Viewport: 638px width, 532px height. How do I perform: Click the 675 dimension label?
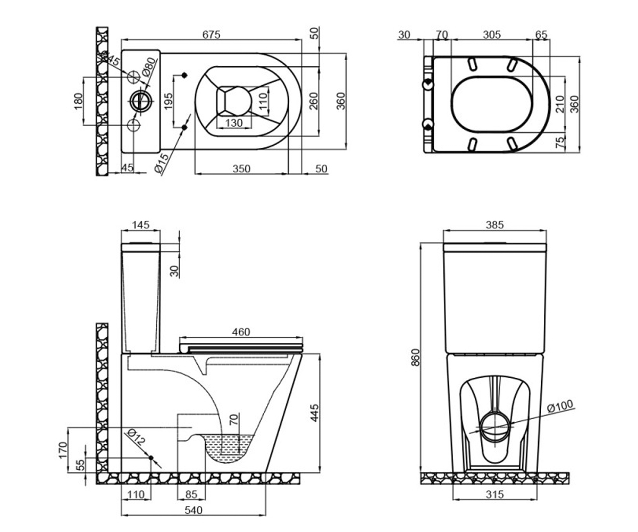[211, 35]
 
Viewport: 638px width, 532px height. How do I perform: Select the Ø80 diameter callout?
[149, 67]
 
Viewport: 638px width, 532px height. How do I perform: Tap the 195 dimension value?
[168, 101]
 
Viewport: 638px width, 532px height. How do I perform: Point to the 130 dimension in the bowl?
[234, 123]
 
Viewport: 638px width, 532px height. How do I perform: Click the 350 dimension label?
[241, 169]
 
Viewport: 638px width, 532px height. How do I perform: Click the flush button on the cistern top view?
[140, 101]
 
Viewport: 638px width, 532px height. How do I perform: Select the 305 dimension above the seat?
[492, 35]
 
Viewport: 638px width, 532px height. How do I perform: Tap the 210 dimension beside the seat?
[560, 104]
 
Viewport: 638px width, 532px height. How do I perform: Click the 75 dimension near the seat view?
[560, 143]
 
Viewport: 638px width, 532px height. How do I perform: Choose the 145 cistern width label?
[141, 225]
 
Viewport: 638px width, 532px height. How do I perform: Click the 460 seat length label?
[241, 332]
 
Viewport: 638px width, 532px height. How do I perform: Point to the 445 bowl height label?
[314, 413]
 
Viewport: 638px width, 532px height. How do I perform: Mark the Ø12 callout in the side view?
[136, 436]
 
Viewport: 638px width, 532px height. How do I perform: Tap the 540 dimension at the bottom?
[194, 510]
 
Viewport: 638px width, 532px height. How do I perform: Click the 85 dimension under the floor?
[191, 494]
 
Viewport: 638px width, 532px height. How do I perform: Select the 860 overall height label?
[416, 357]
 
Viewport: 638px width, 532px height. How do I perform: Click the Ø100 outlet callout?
[560, 406]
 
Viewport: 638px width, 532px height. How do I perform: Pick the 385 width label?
[494, 225]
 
